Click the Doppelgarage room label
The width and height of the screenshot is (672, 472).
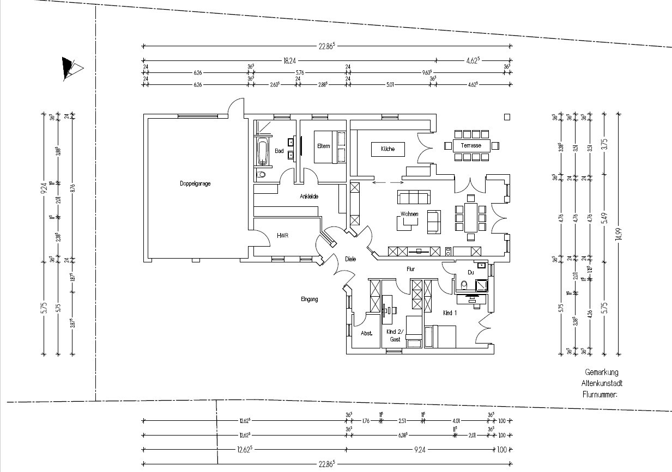(x=195, y=183)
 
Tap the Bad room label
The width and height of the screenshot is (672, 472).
(x=279, y=151)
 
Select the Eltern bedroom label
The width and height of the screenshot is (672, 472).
(x=323, y=146)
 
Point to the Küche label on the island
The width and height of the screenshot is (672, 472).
(x=388, y=149)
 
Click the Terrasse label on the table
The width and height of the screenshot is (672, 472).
(x=471, y=145)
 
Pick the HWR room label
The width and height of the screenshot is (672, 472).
(x=282, y=236)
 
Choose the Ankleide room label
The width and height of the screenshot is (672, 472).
(x=308, y=197)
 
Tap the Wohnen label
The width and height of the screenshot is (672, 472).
(x=409, y=214)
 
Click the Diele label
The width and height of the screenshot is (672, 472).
(x=350, y=259)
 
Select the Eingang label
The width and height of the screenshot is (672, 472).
(x=309, y=299)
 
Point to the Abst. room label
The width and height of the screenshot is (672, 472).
(x=366, y=333)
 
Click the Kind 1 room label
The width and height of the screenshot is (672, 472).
(x=450, y=313)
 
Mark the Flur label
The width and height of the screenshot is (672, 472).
(x=411, y=269)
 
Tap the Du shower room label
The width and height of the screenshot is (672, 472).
(x=470, y=272)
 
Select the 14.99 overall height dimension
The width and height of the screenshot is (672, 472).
(x=618, y=235)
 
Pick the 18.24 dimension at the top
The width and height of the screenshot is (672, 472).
(x=290, y=60)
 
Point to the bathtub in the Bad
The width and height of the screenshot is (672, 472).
(x=263, y=153)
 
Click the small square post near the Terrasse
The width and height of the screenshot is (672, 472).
(x=507, y=117)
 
